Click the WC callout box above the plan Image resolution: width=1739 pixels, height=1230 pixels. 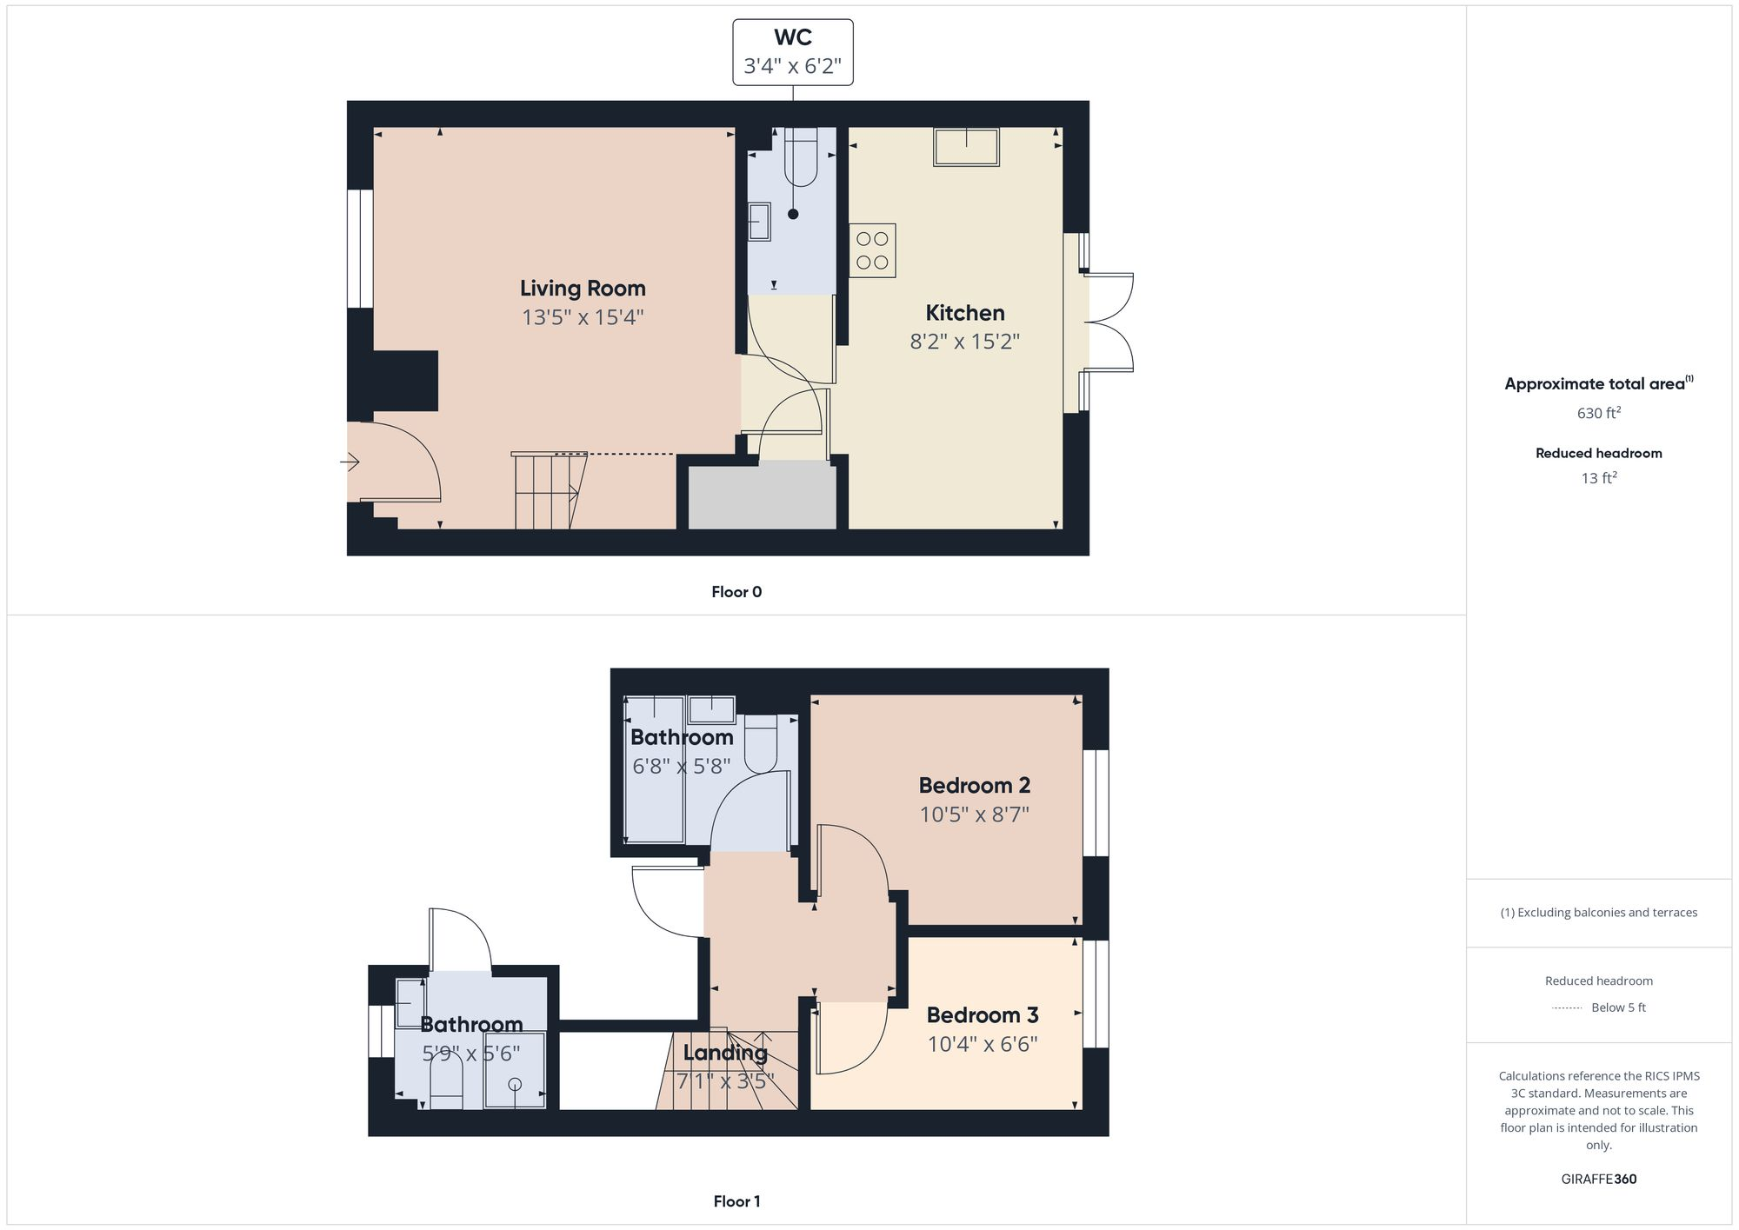792,52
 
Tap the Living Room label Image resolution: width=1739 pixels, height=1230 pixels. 583,288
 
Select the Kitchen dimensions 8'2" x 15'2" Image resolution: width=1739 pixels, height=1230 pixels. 964,342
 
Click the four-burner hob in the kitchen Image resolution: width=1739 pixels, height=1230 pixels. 872,250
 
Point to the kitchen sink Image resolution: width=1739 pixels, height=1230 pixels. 966,147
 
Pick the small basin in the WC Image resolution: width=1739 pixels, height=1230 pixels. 759,222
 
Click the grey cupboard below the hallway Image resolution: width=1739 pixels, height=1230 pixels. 762,495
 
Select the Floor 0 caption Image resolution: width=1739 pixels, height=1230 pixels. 736,592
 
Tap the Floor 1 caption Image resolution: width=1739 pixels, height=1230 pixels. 736,1201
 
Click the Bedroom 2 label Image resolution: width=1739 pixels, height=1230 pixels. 974,785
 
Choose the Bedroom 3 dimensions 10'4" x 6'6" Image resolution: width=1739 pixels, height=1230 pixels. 983,1044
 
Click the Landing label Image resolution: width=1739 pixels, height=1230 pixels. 725,1053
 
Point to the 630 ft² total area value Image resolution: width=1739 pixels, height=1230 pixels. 1598,413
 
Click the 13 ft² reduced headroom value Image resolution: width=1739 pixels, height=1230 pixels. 1598,478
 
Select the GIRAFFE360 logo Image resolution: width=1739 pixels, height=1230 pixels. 1598,1180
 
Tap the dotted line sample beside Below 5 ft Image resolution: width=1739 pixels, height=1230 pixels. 1567,1008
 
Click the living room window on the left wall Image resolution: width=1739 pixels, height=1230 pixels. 360,249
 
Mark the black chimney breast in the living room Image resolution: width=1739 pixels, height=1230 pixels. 404,381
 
